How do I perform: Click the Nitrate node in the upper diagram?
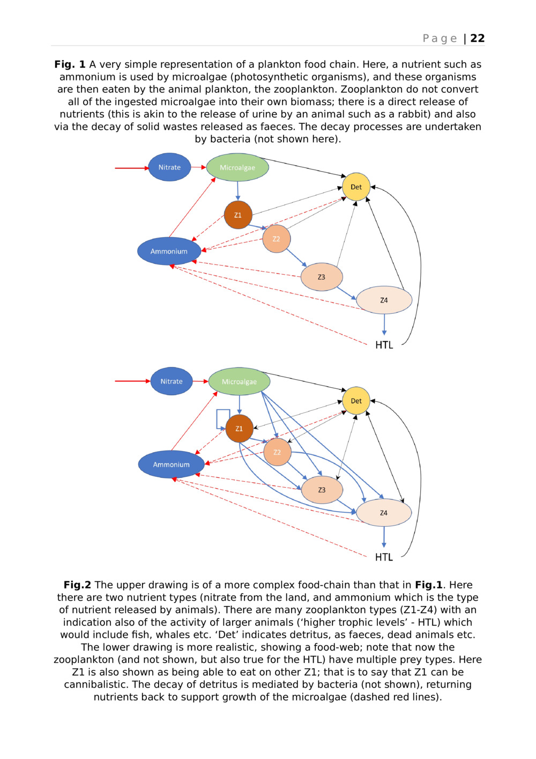click(169, 167)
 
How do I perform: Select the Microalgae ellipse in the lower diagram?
click(239, 381)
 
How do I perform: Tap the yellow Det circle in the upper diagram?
click(356, 187)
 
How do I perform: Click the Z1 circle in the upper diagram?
click(238, 215)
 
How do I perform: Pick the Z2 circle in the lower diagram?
click(277, 452)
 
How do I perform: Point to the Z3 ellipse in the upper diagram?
click(321, 277)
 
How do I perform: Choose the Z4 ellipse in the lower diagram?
click(384, 513)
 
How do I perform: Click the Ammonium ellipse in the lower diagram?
click(171, 465)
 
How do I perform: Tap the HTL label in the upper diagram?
click(384, 345)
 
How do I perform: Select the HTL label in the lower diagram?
click(384, 557)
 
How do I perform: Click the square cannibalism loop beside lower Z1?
click(222, 419)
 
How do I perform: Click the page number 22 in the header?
click(477, 39)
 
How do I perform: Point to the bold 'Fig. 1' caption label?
click(70, 64)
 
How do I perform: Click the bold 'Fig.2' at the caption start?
click(77, 585)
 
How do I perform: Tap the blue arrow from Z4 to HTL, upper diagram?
click(384, 325)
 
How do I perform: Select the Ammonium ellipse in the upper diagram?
click(169, 251)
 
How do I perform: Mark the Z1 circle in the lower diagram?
click(239, 429)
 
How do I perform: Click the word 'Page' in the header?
click(440, 39)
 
